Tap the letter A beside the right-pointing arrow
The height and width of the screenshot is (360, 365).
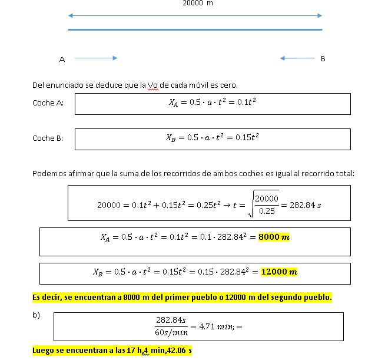click(62, 59)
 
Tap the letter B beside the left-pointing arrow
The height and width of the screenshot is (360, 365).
click(323, 58)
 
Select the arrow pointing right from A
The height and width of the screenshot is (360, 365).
click(96, 58)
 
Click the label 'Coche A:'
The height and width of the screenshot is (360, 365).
click(48, 103)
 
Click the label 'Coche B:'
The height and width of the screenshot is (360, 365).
click(48, 138)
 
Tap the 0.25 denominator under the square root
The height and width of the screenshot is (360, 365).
click(267, 211)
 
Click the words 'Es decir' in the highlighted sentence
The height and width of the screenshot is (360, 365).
click(46, 297)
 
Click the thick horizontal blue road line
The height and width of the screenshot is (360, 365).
click(195, 29)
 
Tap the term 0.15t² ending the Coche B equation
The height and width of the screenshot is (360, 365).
click(247, 138)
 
